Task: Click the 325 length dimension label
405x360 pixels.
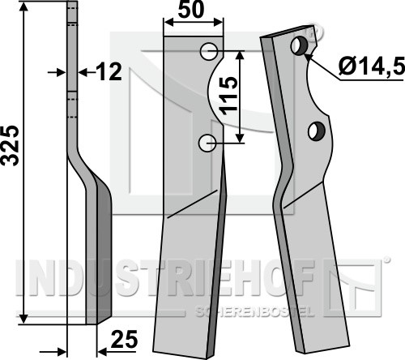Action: pos(10,145)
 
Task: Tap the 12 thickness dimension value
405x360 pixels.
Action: pos(109,71)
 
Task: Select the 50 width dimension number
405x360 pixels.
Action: pos(191,11)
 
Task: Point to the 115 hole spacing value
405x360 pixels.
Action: pos(228,96)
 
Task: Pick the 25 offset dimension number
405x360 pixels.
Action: pos(124,340)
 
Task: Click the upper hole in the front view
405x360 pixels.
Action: pos(209,51)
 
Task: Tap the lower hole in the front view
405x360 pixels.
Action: pos(207,143)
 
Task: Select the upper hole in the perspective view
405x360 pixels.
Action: pos(299,46)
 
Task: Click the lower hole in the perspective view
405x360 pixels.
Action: pos(317,131)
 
